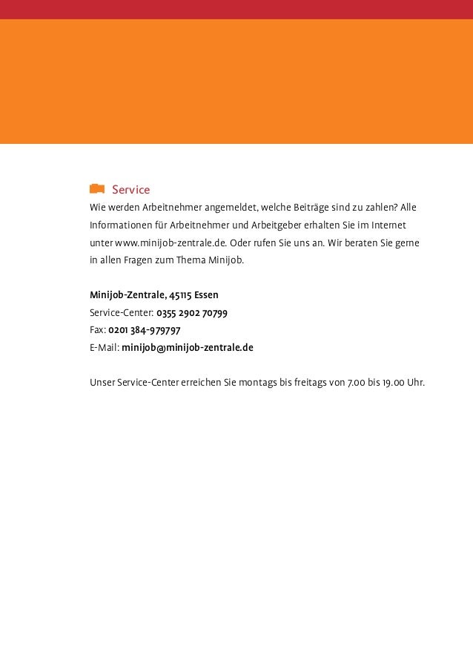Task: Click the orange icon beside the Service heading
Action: tap(96, 189)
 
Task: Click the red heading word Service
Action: tap(130, 190)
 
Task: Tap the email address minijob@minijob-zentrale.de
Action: tap(188, 347)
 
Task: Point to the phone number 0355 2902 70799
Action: tap(192, 312)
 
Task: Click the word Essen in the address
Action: tap(206, 295)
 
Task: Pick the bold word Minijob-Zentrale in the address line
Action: tap(127, 295)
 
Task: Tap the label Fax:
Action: tap(98, 330)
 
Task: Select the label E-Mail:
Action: tap(105, 347)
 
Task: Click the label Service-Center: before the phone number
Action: tap(122, 312)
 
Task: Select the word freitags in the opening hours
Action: tap(311, 383)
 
